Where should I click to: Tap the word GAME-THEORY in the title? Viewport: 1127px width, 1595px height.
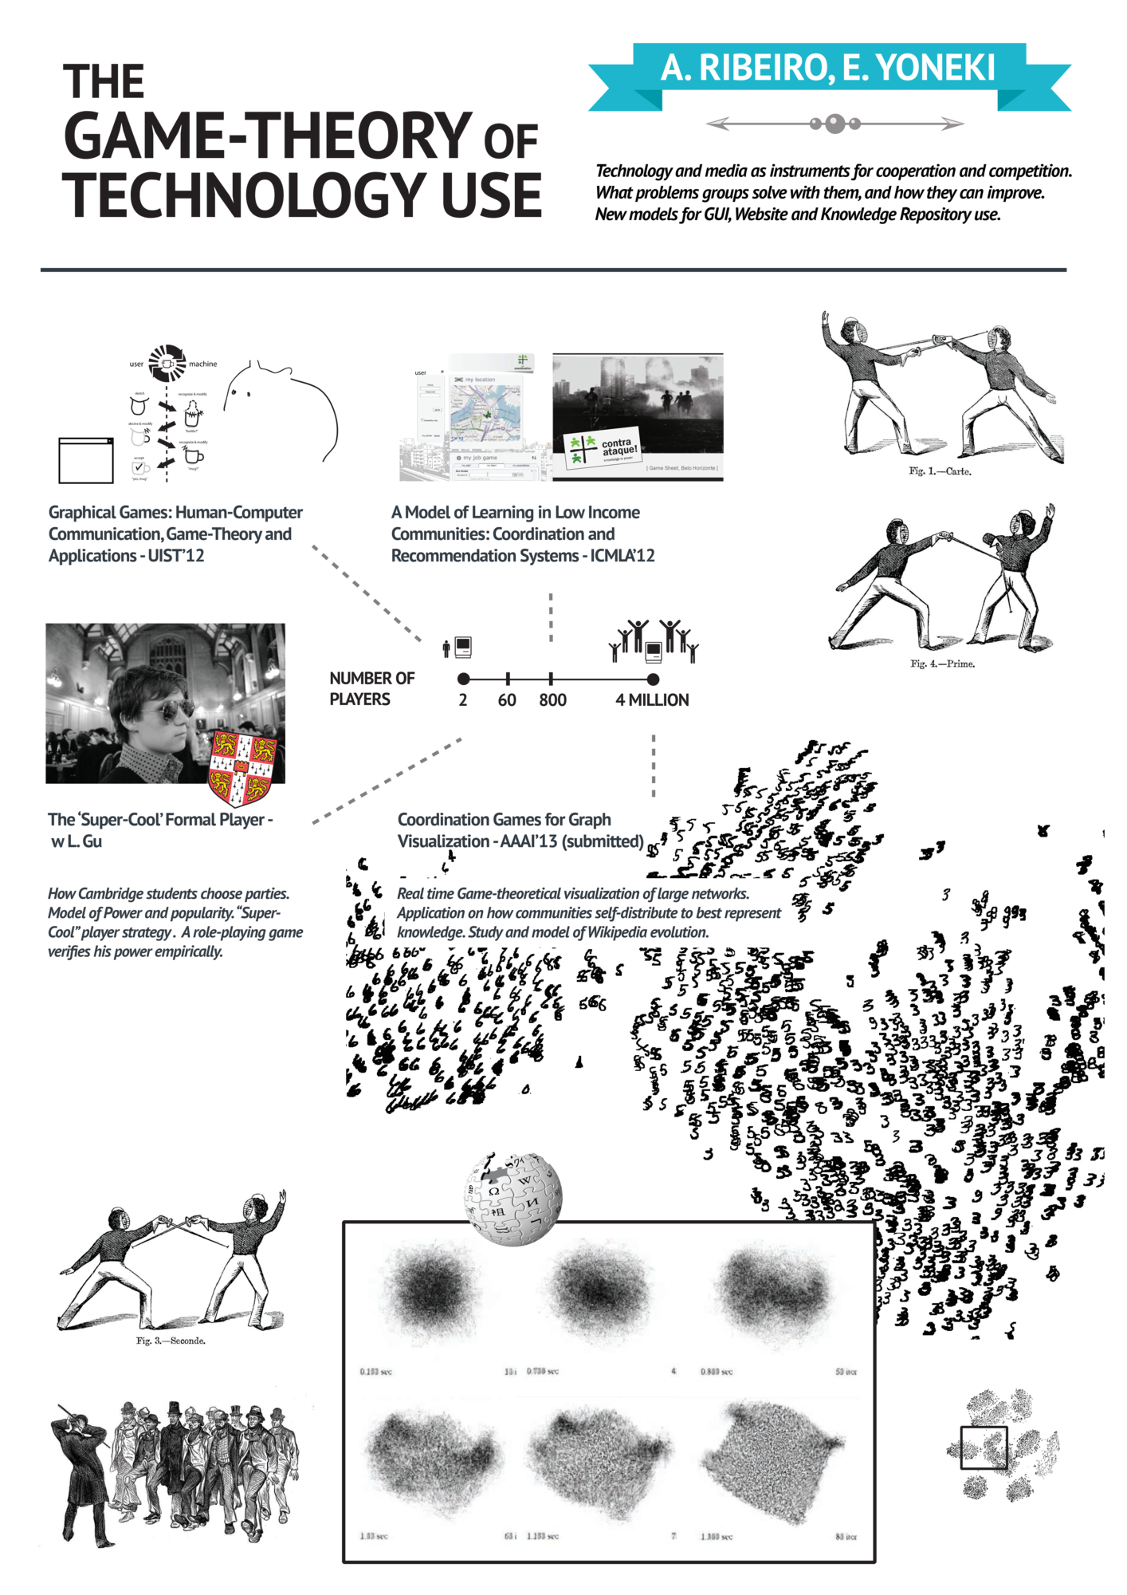268,136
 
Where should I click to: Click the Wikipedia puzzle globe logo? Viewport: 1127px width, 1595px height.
514,1198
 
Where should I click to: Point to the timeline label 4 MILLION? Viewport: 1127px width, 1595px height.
652,700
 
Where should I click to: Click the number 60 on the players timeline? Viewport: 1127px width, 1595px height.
507,700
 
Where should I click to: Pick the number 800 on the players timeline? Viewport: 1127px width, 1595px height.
552,700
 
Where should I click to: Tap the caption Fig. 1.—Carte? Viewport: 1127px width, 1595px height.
940,471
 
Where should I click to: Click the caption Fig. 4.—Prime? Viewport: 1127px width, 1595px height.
942,664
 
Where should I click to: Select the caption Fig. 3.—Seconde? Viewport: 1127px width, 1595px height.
171,1341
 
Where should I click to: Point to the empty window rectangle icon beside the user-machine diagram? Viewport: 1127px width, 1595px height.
86,460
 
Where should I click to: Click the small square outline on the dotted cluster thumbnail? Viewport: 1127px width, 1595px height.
984,1447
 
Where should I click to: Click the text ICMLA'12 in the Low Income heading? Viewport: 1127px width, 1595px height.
622,556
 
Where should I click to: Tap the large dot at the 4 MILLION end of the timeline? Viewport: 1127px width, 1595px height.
653,679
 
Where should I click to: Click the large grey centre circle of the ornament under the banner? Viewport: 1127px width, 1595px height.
834,124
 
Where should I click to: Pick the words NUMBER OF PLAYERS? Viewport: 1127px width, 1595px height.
371,688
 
